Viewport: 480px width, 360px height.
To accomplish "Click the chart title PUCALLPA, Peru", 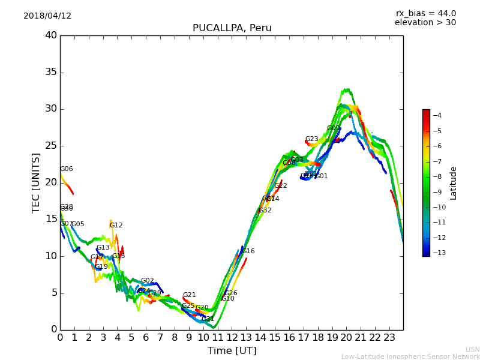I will point(232,28).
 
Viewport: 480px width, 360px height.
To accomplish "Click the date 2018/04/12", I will point(47,16).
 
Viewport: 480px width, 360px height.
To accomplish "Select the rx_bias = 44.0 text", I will point(425,13).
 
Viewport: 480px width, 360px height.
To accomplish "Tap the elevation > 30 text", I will point(425,23).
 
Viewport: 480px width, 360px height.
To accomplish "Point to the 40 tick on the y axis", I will point(50,35).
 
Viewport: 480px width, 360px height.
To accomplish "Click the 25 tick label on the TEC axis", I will point(50,146).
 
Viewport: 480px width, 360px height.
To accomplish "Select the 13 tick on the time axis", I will point(246,338).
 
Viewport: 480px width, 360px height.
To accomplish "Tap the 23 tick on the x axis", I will point(389,338).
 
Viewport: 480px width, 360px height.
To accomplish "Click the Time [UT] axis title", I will point(232,351).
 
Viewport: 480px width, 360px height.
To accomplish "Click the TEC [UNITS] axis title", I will point(37,182).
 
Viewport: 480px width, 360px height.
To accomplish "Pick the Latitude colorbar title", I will point(454,182).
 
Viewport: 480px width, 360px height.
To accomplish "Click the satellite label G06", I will point(66,169).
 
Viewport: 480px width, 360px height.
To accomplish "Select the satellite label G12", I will point(116,226).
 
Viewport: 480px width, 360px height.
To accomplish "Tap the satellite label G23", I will point(311,139).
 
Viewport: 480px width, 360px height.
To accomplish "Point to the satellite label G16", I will point(248,251).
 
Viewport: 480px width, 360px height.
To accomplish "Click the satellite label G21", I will point(189,295).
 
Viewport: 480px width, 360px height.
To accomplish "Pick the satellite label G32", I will point(265,211).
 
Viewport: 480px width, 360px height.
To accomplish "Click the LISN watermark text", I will point(472,349).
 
